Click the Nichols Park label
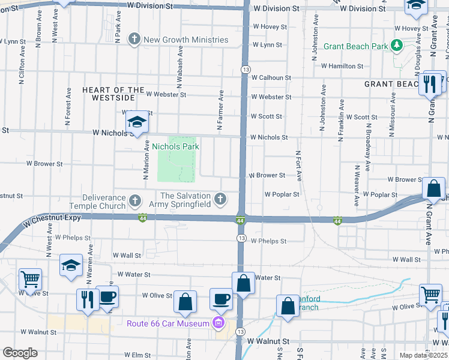tap(175, 146)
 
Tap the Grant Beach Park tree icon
tap(396, 45)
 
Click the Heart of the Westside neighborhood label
tap(113, 94)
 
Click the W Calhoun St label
tap(271, 78)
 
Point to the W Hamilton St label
tap(342, 66)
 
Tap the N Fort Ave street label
tap(298, 163)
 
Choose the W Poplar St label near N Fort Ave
tap(282, 194)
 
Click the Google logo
tap(19, 353)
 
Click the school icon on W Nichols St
tap(137, 123)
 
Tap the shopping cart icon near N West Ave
tap(30, 279)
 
